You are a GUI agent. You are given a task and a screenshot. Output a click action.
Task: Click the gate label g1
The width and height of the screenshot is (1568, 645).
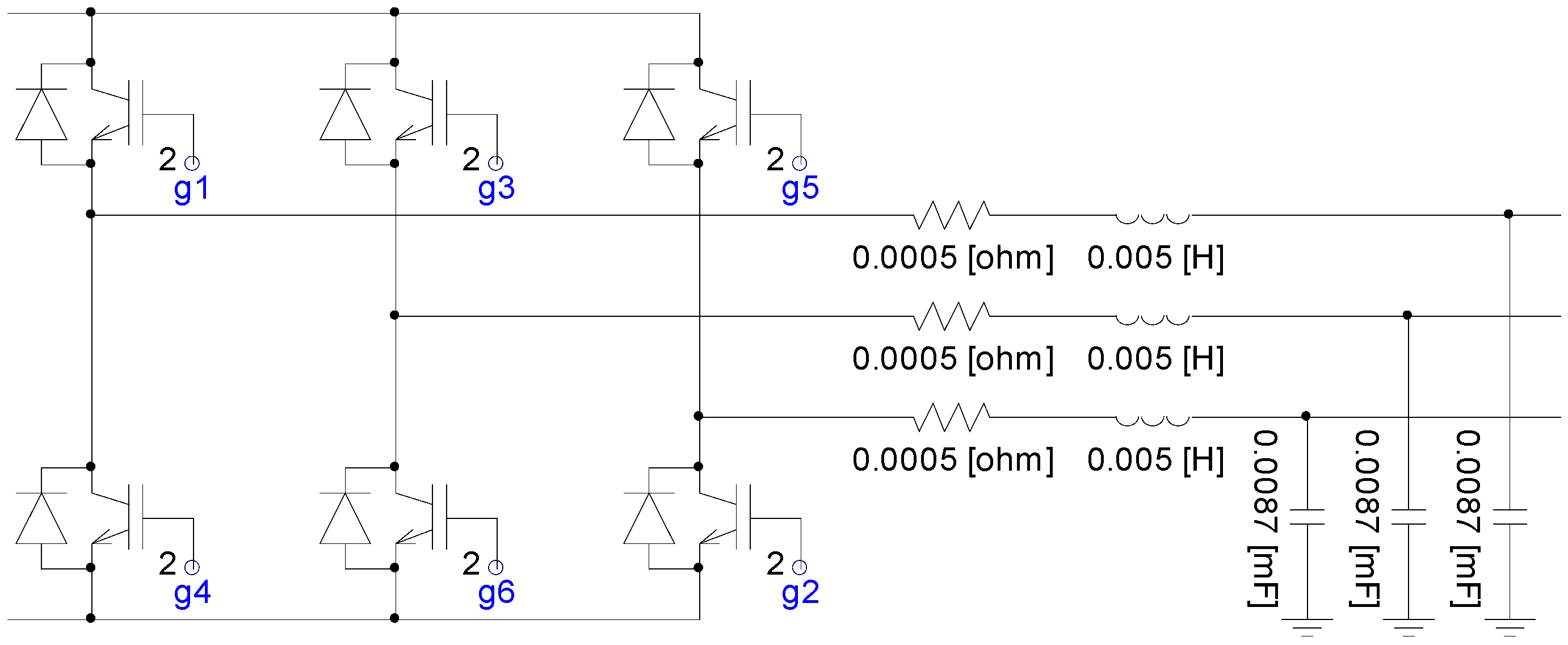[x=192, y=188]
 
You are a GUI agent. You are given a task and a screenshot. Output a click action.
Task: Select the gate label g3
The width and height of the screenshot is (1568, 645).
[x=496, y=188]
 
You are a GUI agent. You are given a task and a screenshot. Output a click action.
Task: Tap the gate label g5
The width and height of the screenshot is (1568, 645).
[x=800, y=188]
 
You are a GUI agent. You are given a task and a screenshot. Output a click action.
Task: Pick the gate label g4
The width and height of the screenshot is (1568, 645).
[x=192, y=593]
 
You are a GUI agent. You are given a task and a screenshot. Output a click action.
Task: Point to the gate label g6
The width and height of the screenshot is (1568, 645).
[x=496, y=593]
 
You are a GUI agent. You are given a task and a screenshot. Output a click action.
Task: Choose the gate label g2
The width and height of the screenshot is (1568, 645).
[x=800, y=593]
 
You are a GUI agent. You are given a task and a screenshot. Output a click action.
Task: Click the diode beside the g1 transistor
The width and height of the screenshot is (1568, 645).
[x=41, y=115]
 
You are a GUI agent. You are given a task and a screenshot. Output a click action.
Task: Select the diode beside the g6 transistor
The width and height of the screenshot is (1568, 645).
[x=345, y=519]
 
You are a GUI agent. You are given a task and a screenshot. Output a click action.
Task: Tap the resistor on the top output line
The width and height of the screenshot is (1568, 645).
[x=951, y=215]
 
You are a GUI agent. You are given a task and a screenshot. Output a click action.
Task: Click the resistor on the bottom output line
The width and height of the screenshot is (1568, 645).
[x=951, y=417]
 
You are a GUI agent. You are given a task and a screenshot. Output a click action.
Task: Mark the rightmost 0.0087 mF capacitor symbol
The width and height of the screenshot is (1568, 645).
[x=1510, y=517]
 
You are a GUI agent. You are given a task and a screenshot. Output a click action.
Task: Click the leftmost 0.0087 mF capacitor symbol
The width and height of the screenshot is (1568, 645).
[x=1308, y=517]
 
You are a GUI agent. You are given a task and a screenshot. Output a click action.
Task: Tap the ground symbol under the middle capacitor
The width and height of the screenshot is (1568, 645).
[x=1409, y=626]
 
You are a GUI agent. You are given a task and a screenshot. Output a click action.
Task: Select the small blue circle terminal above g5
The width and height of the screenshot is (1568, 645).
[x=800, y=163]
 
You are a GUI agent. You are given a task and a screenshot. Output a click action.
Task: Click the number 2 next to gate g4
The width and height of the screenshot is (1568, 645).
[x=167, y=564]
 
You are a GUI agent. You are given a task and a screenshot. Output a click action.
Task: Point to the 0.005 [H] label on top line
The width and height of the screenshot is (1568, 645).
[x=1155, y=258]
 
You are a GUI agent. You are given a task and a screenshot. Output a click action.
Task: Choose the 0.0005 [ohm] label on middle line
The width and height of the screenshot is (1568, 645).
[x=953, y=359]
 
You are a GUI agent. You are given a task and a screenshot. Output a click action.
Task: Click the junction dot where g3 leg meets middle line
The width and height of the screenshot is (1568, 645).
[x=394, y=316]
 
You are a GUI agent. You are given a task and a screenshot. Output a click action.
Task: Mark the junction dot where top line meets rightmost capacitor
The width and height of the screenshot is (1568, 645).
[x=1508, y=214]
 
